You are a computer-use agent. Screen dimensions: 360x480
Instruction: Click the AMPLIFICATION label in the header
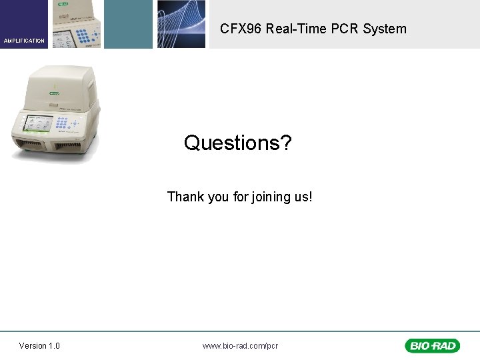click(x=24, y=41)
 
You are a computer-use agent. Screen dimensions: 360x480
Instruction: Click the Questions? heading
click(x=238, y=143)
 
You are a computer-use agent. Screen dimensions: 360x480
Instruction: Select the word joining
click(x=272, y=197)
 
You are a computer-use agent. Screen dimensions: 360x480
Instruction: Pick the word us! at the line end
click(x=304, y=197)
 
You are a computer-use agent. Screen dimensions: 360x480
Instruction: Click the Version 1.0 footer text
click(x=39, y=345)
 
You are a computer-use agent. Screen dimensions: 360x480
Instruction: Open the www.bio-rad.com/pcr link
click(x=240, y=345)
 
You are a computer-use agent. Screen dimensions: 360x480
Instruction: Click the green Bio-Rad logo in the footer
click(x=431, y=345)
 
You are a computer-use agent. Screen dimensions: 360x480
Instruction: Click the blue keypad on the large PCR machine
click(x=65, y=123)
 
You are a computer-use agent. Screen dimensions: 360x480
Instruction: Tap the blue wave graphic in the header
click(x=181, y=24)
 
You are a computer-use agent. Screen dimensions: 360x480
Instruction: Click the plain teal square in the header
click(x=128, y=24)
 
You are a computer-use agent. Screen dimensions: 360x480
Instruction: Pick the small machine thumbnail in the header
click(x=75, y=24)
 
